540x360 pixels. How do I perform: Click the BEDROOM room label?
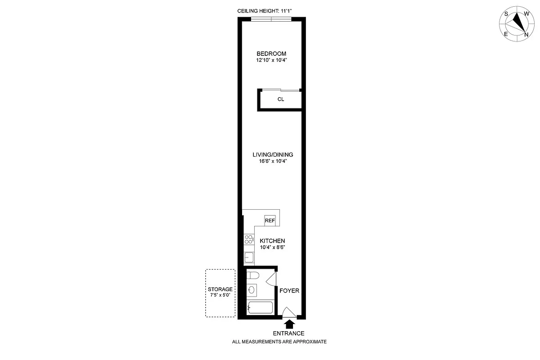(271, 54)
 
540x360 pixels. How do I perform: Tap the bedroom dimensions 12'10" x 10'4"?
(271, 60)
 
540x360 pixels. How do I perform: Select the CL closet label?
(280, 99)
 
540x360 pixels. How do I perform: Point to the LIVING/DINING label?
(273, 155)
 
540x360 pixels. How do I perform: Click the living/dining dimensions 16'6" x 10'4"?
(273, 162)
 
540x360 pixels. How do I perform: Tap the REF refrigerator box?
(270, 220)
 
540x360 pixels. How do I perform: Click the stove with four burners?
(248, 239)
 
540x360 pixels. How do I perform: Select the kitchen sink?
(248, 257)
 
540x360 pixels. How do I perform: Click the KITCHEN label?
(272, 241)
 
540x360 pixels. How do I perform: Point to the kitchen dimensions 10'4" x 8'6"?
(272, 247)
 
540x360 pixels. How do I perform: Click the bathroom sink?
(252, 290)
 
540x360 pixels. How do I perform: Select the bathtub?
(260, 308)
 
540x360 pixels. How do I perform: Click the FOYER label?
(289, 291)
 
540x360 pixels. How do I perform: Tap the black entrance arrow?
(289, 323)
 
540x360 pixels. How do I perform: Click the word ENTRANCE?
(289, 333)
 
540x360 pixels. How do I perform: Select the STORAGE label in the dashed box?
(220, 289)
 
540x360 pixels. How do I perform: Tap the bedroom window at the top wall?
(271, 18)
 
